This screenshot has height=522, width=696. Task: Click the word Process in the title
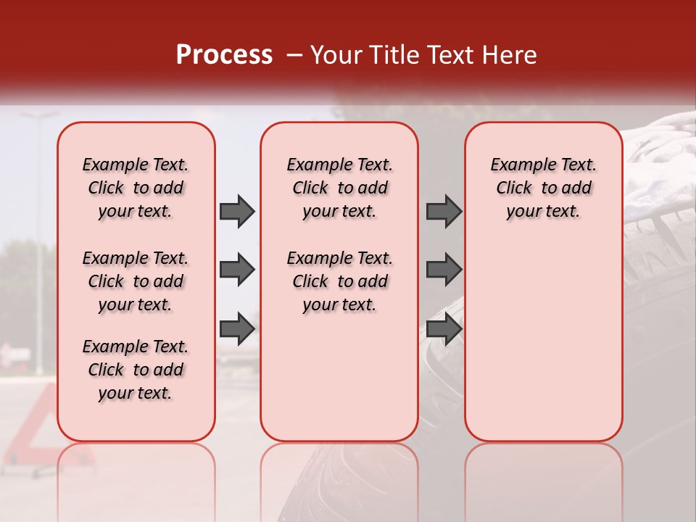click(224, 55)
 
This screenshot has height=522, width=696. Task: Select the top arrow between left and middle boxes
click(237, 211)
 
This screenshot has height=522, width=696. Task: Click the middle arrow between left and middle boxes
click(237, 270)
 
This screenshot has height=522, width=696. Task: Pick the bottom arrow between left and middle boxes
click(237, 329)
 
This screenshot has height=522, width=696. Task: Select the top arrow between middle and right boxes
click(444, 211)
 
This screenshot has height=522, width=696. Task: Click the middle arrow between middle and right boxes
click(444, 270)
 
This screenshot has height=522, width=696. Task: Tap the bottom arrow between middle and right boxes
click(444, 329)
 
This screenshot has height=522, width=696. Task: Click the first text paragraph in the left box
click(136, 188)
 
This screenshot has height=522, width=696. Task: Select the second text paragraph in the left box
click(136, 281)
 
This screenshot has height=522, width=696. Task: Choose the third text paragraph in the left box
click(136, 370)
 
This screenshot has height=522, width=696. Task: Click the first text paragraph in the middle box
click(339, 188)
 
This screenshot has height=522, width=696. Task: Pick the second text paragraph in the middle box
click(339, 281)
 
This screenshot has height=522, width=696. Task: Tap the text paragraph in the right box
click(543, 188)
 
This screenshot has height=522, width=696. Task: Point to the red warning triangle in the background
click(29, 435)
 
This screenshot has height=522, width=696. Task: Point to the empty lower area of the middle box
click(339, 377)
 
